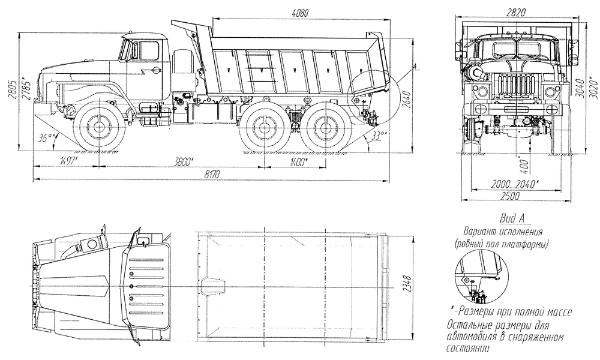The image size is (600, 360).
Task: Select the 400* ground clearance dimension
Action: point(524,164)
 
